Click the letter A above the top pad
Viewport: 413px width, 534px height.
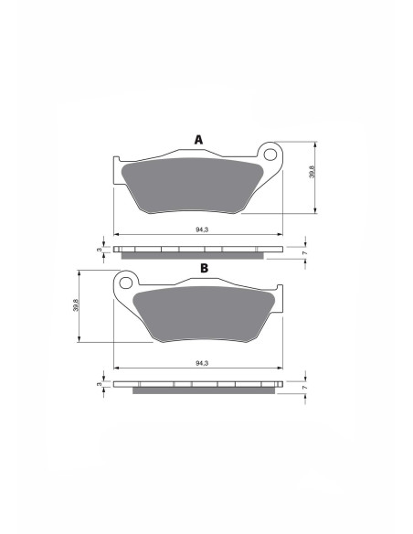(x=198, y=140)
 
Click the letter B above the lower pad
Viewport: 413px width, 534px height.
(x=204, y=268)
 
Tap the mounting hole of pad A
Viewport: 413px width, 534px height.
(x=270, y=155)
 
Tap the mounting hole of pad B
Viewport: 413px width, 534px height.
(x=125, y=283)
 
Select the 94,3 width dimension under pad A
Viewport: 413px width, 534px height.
(x=202, y=230)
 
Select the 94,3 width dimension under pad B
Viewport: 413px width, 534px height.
(x=202, y=363)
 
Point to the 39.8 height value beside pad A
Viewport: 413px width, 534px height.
(x=312, y=171)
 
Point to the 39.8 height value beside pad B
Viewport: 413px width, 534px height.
(x=76, y=305)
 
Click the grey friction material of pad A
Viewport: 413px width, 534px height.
(x=191, y=186)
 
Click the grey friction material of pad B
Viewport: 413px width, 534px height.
(x=204, y=314)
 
